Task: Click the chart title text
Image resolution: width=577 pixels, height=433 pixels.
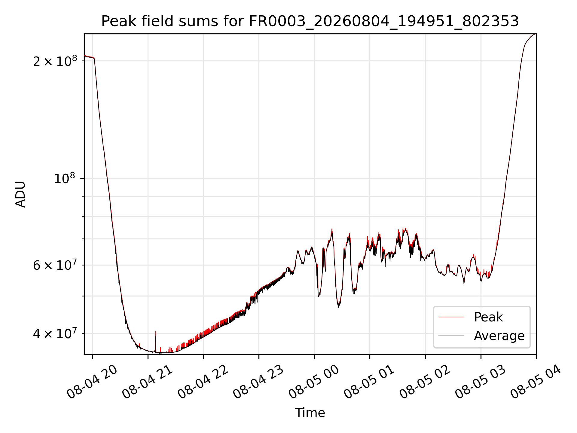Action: [310, 21]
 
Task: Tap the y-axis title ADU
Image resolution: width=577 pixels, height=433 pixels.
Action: [20, 194]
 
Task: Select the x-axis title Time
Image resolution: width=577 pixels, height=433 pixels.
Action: [310, 413]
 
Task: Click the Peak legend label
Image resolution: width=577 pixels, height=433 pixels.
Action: [488, 317]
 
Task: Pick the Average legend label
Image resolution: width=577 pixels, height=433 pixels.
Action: [499, 336]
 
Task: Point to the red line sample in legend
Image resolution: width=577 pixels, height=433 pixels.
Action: [451, 317]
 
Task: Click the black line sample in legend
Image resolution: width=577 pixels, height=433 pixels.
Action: [451, 336]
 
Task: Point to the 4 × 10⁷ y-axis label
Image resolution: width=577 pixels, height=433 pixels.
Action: [55, 333]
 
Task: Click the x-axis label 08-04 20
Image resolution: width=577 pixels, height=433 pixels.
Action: [92, 382]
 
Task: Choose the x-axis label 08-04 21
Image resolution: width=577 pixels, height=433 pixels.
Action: [148, 382]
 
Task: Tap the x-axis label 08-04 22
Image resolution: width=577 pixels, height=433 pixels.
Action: [203, 382]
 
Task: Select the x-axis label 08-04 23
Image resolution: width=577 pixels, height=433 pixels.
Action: [258, 382]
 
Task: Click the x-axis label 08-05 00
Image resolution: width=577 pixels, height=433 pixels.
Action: [314, 382]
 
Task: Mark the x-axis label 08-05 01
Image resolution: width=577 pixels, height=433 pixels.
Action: [369, 382]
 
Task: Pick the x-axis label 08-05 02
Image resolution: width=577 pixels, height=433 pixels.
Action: [425, 382]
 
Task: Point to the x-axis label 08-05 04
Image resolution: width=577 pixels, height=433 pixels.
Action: [536, 382]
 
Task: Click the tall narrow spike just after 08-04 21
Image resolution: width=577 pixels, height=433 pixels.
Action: [156, 341]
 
